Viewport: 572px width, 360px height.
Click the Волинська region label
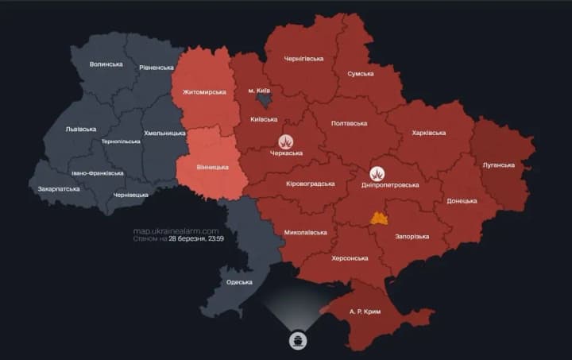coord(106,64)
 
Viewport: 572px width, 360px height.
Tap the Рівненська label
coord(157,68)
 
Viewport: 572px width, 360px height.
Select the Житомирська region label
coord(204,92)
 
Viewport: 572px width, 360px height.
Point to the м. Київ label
coord(261,91)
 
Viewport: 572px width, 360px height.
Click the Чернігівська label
coord(303,58)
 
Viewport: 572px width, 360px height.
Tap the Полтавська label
coord(348,123)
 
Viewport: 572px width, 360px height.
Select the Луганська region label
coord(498,165)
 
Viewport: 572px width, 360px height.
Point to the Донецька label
coord(462,201)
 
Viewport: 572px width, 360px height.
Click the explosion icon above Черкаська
coord(286,141)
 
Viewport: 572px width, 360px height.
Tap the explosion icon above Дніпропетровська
coord(378,172)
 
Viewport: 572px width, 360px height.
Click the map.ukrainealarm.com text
coord(176,230)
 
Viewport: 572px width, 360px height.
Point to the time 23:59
coord(214,238)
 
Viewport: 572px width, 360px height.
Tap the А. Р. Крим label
coord(365,312)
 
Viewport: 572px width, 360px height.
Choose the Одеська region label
coord(239,282)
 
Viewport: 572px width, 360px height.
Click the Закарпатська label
coord(59,189)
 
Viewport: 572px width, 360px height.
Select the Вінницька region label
coord(212,167)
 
